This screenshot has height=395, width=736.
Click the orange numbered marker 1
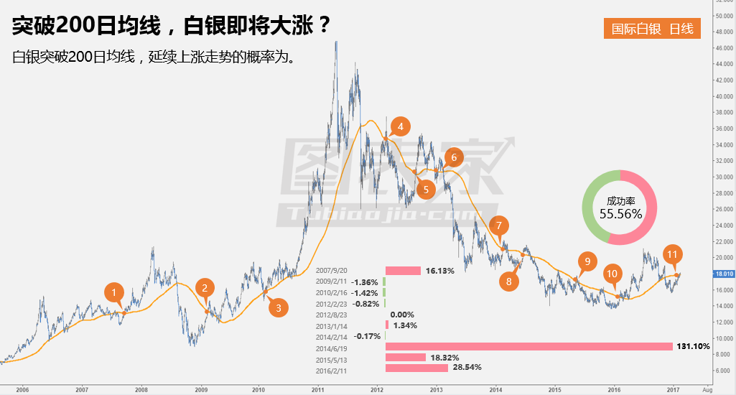coord(113,292)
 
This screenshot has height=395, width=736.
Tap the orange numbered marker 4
coord(400,127)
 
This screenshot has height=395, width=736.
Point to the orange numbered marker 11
coord(672,254)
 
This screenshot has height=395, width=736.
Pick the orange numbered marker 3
coord(279,307)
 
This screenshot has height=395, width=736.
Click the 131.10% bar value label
coord(693,346)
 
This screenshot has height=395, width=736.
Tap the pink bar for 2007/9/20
coord(403,271)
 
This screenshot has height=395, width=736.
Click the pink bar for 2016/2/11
coord(416,368)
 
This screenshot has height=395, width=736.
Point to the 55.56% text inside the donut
coord(620,213)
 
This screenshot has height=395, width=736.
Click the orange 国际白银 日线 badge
coord(652,29)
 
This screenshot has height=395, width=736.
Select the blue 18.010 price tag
coord(722,274)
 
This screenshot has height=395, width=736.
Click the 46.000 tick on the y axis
coord(721,48)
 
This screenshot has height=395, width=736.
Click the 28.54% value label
coord(467,368)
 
